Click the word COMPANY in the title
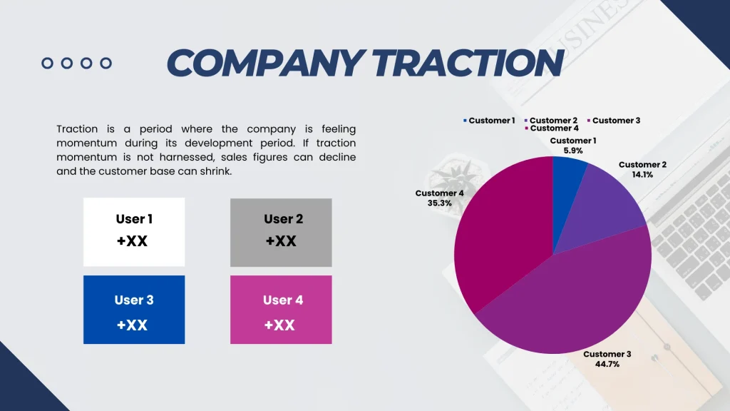tap(264, 64)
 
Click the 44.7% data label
tap(607, 364)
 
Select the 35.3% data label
tap(440, 203)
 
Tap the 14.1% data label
tap(642, 174)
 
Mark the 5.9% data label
tap(573, 151)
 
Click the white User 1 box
tap(134, 232)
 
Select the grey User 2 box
tap(281, 232)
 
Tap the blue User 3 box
tap(134, 310)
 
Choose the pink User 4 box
tap(281, 310)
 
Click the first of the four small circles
tap(48, 64)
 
